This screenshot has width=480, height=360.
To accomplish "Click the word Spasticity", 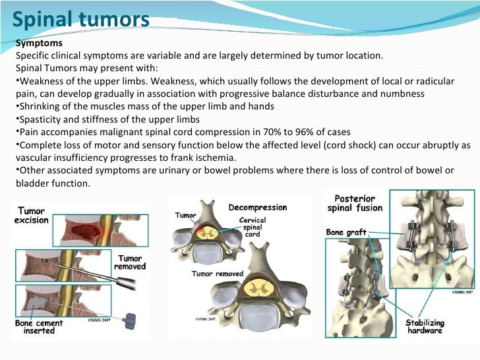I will click(x=41, y=119).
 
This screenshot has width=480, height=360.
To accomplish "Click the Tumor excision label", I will click(x=32, y=215).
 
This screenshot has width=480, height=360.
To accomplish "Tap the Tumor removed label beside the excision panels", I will click(x=130, y=262).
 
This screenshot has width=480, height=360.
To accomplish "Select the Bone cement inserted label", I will click(x=40, y=328).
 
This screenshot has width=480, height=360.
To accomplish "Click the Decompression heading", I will click(x=258, y=208).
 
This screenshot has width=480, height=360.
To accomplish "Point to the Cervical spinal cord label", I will click(x=253, y=227).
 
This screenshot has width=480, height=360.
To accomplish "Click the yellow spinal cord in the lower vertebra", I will click(x=255, y=288).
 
